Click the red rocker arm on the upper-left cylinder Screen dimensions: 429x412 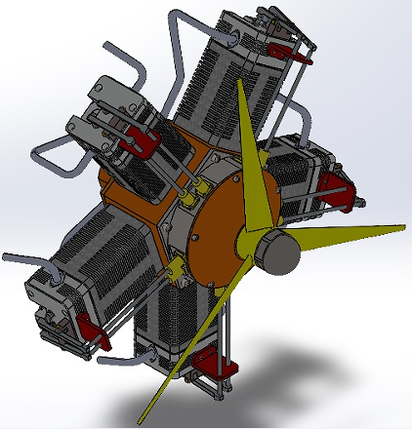click(x=138, y=145)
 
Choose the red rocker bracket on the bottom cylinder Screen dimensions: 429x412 click(x=216, y=368)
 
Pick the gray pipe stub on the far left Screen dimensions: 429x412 click(x=20, y=259)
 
